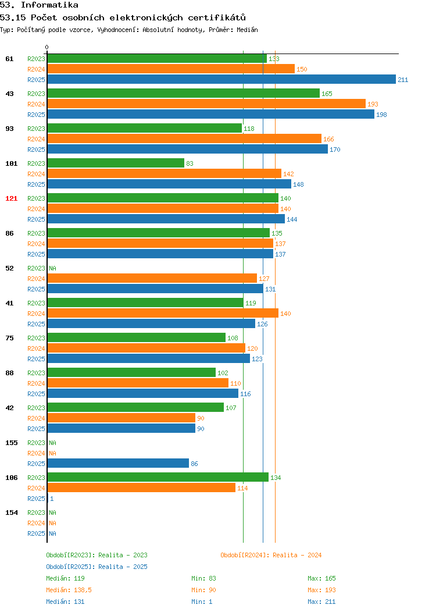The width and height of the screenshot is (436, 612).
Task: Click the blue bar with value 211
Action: point(221,79)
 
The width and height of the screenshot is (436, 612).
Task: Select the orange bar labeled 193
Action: point(207,104)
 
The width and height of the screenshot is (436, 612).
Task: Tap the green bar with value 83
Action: point(116,163)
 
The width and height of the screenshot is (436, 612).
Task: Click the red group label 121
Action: point(11,198)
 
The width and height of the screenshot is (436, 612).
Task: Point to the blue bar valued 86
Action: point(118,463)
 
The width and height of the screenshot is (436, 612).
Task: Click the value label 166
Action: point(329,139)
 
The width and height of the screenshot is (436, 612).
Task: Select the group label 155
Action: point(11,443)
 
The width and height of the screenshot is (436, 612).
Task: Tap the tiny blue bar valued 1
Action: point(48,498)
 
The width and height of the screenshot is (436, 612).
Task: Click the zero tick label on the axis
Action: point(47,47)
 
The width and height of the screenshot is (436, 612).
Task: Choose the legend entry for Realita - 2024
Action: point(271,555)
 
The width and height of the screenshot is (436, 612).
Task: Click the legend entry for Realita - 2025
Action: point(97,567)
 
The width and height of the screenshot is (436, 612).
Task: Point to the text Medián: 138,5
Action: point(69,590)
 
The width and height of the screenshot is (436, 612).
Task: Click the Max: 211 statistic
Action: point(321,602)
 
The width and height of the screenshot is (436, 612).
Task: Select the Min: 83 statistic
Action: point(203,578)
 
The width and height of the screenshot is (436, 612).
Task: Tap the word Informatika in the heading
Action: point(49,5)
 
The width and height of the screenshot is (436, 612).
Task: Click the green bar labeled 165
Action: point(184,93)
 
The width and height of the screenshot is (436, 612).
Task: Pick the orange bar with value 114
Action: point(142,488)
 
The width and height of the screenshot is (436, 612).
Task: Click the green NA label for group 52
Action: point(53,268)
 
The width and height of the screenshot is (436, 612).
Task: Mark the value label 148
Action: point(298,184)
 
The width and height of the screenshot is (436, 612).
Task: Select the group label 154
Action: point(11,513)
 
